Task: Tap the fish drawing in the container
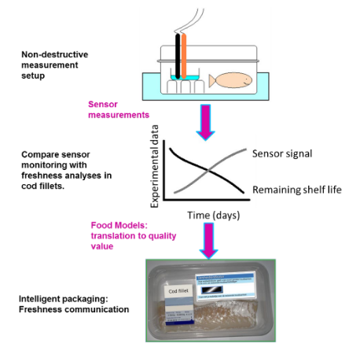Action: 234,81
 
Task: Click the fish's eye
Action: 247,79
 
